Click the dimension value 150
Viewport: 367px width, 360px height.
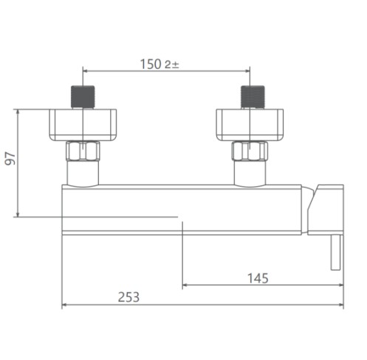pos(151,64)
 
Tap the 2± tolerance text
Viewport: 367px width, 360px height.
pos(172,65)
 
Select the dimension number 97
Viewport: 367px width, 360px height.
pos(10,158)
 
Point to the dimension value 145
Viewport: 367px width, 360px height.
pos(258,278)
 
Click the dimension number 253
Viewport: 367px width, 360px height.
pos(128,297)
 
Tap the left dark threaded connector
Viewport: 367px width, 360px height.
pos(83,97)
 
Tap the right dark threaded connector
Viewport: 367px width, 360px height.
pos(253,97)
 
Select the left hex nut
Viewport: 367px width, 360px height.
pos(83,151)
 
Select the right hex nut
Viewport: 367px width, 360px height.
pos(250,151)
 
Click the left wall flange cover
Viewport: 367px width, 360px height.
pos(83,125)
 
